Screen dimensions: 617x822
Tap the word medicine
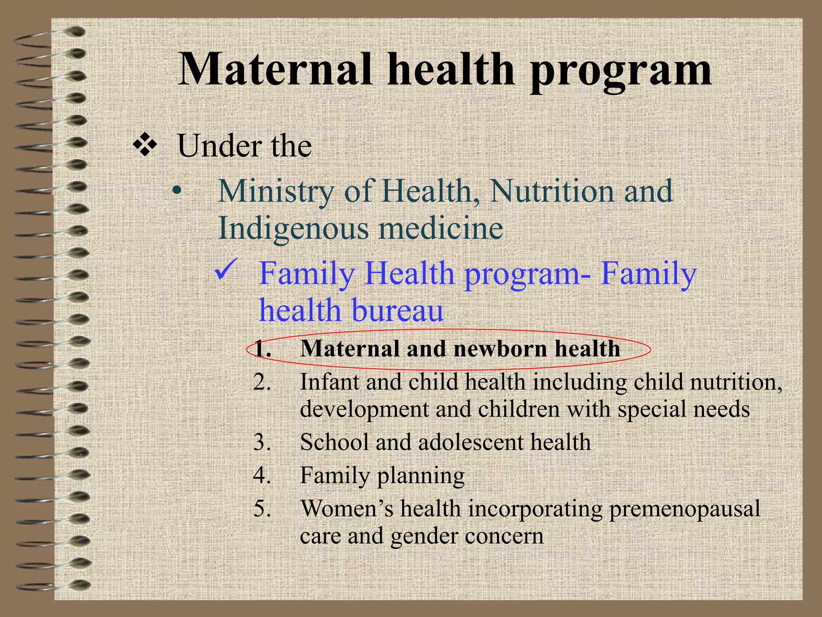point(441,228)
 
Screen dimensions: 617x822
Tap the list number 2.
point(262,382)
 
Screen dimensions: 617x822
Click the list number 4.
point(262,475)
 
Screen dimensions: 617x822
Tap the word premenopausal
point(684,509)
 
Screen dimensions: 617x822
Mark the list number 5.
point(262,509)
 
